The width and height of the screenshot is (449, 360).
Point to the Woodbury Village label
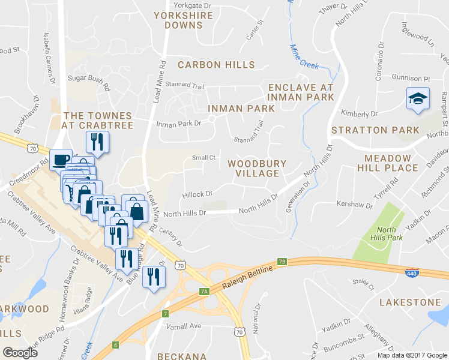click(x=257, y=168)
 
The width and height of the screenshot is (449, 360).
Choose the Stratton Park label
click(x=375, y=130)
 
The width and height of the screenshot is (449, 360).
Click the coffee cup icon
click(x=60, y=160)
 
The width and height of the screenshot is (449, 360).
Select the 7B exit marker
click(x=282, y=262)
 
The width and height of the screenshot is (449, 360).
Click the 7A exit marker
click(x=204, y=291)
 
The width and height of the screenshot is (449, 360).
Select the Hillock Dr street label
click(x=198, y=194)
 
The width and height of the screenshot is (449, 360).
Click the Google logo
click(x=20, y=352)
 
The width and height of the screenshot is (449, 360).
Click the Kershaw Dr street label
click(x=354, y=205)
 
